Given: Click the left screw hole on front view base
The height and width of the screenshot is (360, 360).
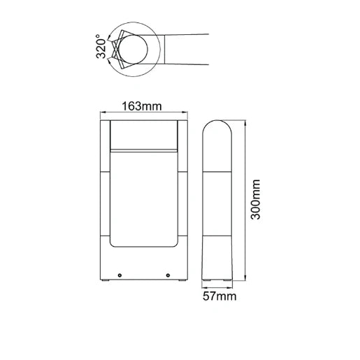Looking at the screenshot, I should coord(120,275).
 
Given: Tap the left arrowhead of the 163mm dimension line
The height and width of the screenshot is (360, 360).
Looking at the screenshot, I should coord(103,114).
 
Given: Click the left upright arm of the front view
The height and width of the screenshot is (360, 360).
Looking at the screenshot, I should coord(104,182).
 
